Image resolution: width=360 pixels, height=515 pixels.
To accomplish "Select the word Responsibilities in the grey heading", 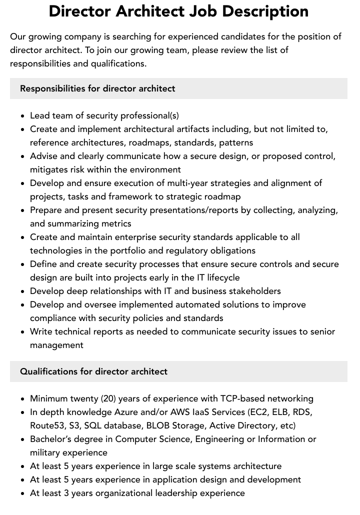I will click(x=52, y=88).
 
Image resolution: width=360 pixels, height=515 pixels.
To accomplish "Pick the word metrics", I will click(x=117, y=223).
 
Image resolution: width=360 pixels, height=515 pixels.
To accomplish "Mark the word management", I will click(x=56, y=345).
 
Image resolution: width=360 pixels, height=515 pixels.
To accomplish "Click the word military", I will click(x=46, y=452).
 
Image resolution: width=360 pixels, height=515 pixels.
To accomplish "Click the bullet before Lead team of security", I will click(x=23, y=116).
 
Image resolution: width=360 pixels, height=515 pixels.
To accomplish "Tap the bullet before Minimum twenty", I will click(x=23, y=399).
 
